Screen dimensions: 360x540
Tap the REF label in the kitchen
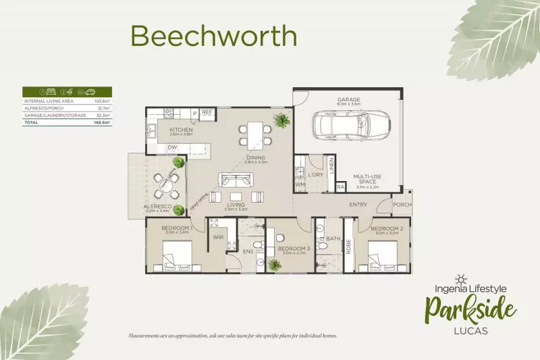pyautogui.click(x=207, y=113)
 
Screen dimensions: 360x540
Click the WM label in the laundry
pyautogui.click(x=298, y=184)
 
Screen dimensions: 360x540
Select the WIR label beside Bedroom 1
pyautogui.click(x=219, y=238)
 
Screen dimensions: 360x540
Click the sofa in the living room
pyautogui.click(x=234, y=180)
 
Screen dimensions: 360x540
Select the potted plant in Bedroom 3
pyautogui.click(x=275, y=265)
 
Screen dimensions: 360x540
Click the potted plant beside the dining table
pyautogui.click(x=279, y=121)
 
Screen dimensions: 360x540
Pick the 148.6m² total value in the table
pyautogui.click(x=101, y=123)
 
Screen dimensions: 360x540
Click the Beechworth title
pyautogui.click(x=213, y=36)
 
